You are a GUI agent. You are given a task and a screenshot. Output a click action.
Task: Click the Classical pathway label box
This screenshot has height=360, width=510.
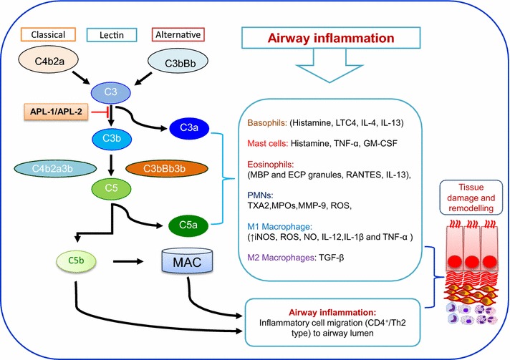(x=48, y=34)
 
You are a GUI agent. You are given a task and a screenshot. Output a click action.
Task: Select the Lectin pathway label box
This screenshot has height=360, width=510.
(x=112, y=35)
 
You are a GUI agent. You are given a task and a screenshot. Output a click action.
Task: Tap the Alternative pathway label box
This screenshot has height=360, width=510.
(x=178, y=34)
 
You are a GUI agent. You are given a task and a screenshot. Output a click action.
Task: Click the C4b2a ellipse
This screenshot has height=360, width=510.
(x=49, y=61)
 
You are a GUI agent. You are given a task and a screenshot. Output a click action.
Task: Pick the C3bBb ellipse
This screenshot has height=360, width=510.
(x=178, y=63)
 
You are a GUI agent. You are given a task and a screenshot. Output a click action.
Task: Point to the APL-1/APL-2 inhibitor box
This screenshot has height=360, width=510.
(x=56, y=112)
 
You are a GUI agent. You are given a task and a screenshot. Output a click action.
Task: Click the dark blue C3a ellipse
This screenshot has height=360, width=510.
(x=189, y=127)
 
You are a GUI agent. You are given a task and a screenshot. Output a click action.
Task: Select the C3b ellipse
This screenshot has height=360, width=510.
(x=112, y=139)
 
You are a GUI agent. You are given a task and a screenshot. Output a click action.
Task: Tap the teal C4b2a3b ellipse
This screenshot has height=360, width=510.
(x=55, y=169)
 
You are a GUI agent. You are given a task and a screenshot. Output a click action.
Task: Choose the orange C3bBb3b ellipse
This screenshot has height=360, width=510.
(x=166, y=169)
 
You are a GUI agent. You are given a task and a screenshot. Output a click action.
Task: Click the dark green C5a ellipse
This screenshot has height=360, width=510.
(x=188, y=225)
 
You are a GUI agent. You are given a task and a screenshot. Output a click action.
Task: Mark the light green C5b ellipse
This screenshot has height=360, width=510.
(x=77, y=261)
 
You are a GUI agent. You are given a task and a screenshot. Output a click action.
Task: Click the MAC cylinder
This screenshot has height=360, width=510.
(x=187, y=261)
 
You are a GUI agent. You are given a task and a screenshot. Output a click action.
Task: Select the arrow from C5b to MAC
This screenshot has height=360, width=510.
(x=128, y=261)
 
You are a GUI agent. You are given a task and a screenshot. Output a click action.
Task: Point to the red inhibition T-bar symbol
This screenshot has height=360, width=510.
(x=100, y=112)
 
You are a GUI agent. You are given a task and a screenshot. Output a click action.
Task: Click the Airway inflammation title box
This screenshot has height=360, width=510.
(x=331, y=38)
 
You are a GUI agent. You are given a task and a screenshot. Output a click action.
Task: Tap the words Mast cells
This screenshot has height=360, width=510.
(x=267, y=143)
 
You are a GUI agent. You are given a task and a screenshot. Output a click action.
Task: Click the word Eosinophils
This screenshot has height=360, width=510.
(x=270, y=164)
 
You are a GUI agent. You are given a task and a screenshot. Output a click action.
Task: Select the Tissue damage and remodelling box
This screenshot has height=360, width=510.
(x=471, y=198)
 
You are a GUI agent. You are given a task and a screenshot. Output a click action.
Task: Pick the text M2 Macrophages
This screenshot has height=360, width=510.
(x=281, y=258)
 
